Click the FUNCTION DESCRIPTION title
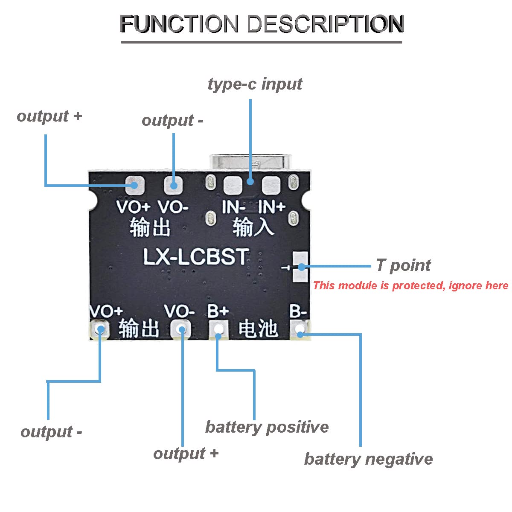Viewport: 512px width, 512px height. click(262, 24)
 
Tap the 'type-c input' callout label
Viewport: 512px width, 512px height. click(255, 84)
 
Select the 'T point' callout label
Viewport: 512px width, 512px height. click(403, 265)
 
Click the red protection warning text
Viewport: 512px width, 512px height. click(410, 285)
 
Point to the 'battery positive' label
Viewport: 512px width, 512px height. click(267, 427)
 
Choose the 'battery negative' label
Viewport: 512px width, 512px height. click(368, 459)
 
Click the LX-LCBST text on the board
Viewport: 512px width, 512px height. click(195, 257)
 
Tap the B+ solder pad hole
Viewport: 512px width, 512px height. click(218, 329)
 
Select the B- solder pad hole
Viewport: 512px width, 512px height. click(300, 329)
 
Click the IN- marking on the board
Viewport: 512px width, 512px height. click(233, 207)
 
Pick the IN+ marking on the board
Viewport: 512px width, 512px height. click(271, 207)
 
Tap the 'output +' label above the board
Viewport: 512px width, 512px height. click(49, 116)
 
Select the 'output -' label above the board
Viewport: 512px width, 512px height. click(172, 121)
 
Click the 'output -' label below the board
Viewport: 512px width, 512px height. click(51, 432)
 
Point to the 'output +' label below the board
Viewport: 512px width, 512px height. click(186, 454)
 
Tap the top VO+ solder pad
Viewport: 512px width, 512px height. click(135, 185)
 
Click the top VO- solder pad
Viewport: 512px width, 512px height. click(173, 185)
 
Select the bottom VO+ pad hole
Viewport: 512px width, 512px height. click(101, 329)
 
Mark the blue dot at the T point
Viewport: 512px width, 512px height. click(301, 267)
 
